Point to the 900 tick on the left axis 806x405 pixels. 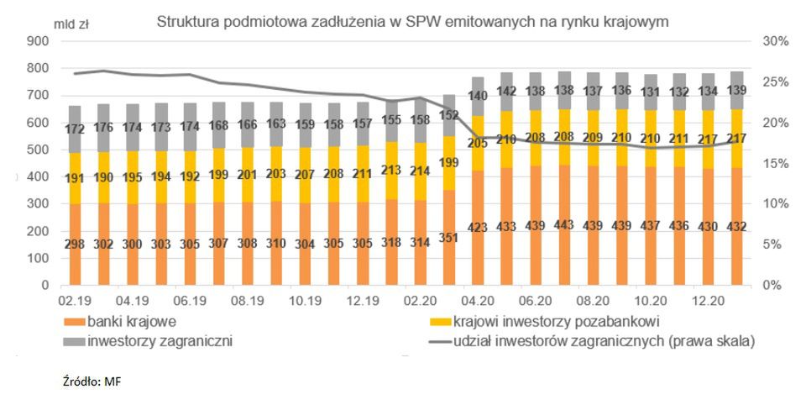point(37,41)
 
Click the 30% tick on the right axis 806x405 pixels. point(774,41)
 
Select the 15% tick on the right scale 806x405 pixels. point(774,164)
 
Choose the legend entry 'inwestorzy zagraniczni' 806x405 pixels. point(148,341)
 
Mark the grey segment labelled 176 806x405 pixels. point(104,128)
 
